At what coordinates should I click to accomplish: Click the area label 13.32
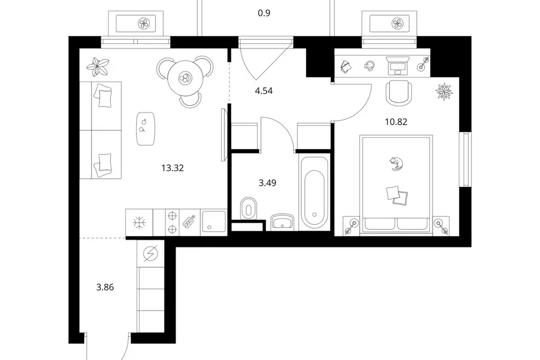(173, 168)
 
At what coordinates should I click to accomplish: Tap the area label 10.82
(396, 121)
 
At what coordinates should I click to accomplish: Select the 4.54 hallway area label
(264, 91)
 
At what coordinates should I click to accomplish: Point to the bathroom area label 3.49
(267, 183)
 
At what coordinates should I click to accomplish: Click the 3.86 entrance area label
(105, 287)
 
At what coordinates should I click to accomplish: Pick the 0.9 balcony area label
(264, 13)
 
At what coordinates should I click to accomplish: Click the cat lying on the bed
(397, 164)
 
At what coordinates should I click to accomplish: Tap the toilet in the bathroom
(249, 208)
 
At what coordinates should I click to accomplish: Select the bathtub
(314, 192)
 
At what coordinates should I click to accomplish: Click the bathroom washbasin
(282, 222)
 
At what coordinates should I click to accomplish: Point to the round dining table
(185, 78)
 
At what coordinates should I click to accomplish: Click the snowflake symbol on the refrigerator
(139, 223)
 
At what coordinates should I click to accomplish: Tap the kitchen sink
(214, 222)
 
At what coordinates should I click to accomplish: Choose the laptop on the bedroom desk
(398, 66)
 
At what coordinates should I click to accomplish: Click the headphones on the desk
(370, 66)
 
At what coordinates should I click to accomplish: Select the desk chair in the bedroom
(399, 93)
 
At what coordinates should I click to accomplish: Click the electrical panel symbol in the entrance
(151, 254)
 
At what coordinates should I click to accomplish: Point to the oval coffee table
(145, 128)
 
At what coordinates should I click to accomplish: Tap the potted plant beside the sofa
(98, 67)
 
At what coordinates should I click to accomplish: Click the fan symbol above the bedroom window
(398, 24)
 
